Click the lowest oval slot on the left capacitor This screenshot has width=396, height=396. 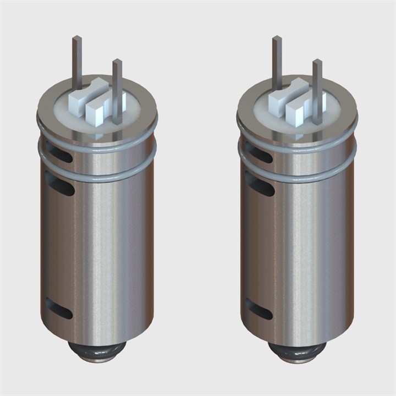59,309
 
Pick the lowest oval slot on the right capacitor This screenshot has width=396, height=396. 259,309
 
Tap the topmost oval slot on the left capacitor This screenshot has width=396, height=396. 59,152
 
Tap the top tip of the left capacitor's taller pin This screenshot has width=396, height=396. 77,38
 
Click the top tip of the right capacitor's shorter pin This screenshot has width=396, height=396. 317,61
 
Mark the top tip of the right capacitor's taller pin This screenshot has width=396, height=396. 277,38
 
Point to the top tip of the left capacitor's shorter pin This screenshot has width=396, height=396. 117,61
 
